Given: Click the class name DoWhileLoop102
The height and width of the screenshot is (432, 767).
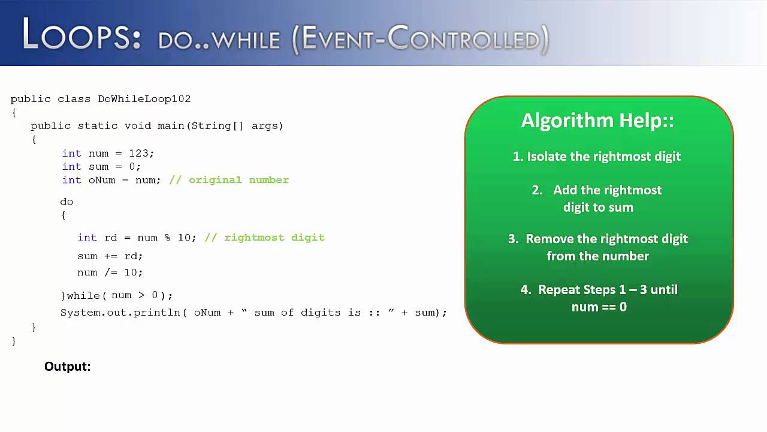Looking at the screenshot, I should [144, 99].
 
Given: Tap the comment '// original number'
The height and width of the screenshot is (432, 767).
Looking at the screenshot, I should [229, 180].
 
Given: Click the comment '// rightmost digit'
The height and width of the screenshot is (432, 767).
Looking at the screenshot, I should [264, 238].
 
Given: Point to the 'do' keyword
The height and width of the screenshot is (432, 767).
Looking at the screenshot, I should [67, 202].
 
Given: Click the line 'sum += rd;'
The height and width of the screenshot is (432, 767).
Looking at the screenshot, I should [110, 256].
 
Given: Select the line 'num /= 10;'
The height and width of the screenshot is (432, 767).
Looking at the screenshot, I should [110, 272].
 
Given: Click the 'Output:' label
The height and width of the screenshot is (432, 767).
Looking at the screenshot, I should [67, 367].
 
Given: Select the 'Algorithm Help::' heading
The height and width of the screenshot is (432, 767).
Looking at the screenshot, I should [597, 121].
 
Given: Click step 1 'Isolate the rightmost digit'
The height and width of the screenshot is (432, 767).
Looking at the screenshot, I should [597, 157].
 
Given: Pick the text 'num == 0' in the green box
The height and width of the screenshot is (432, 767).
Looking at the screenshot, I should [599, 307].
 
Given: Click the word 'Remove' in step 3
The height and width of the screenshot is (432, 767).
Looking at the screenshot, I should [546, 239].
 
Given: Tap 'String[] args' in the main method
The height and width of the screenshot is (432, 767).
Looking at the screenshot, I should [237, 126].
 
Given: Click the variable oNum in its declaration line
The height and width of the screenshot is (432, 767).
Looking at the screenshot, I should [102, 180].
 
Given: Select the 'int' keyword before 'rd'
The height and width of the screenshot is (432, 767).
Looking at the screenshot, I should [87, 238].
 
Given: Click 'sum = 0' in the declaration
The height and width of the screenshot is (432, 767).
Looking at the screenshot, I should [113, 167].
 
